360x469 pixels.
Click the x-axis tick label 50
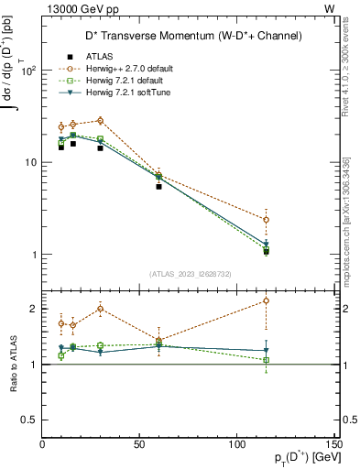click(x=139, y=444)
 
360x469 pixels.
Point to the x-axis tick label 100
click(x=236, y=444)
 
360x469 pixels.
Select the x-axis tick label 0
click(x=43, y=444)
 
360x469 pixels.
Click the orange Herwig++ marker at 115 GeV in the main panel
click(x=266, y=220)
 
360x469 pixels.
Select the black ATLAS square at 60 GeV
click(x=158, y=186)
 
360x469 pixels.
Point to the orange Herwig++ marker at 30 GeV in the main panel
click(x=101, y=120)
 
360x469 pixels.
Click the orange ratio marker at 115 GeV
click(x=266, y=300)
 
